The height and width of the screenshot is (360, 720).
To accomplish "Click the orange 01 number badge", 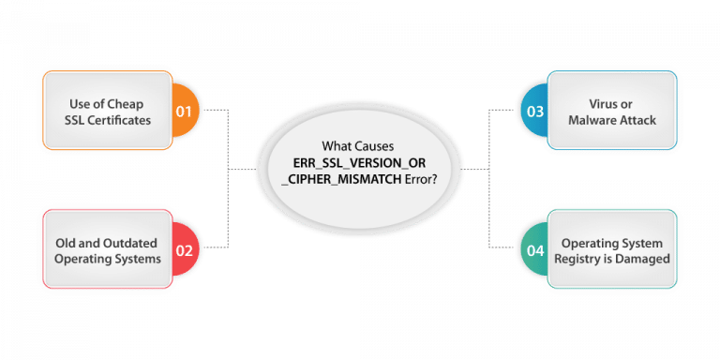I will click(x=184, y=111).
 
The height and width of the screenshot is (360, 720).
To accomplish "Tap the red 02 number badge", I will click(x=184, y=250).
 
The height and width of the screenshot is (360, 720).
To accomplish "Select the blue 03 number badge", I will click(x=535, y=111).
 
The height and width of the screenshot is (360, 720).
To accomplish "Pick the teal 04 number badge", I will click(x=535, y=250).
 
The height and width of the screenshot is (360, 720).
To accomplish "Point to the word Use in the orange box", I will click(x=80, y=103).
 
